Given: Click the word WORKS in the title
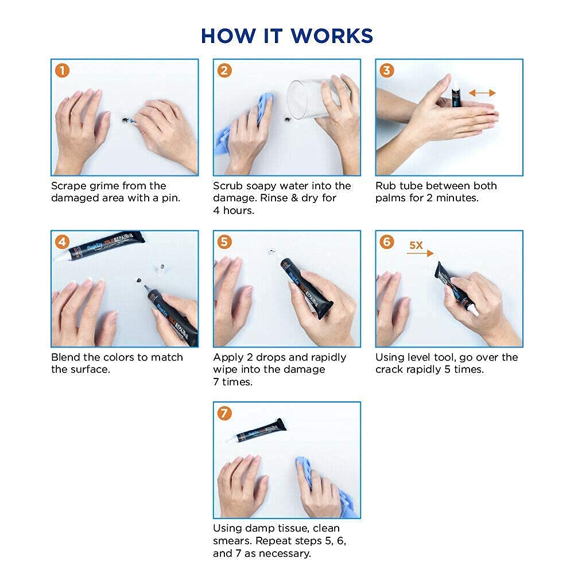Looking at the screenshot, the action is [x=332, y=36].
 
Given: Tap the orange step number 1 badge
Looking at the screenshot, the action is [x=63, y=71].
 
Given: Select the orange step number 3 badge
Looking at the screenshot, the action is [x=387, y=71].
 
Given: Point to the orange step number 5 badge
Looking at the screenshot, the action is [x=224, y=241].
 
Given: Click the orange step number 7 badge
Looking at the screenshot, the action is [x=224, y=413].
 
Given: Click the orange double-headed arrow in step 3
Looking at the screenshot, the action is [x=482, y=93].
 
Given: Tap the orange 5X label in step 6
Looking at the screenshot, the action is [x=416, y=245].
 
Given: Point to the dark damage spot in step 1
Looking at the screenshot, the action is [x=125, y=120].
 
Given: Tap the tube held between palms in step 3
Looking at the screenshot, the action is [x=455, y=96].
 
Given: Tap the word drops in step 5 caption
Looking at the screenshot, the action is [x=272, y=357].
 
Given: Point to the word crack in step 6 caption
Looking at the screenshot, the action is [x=388, y=369].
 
